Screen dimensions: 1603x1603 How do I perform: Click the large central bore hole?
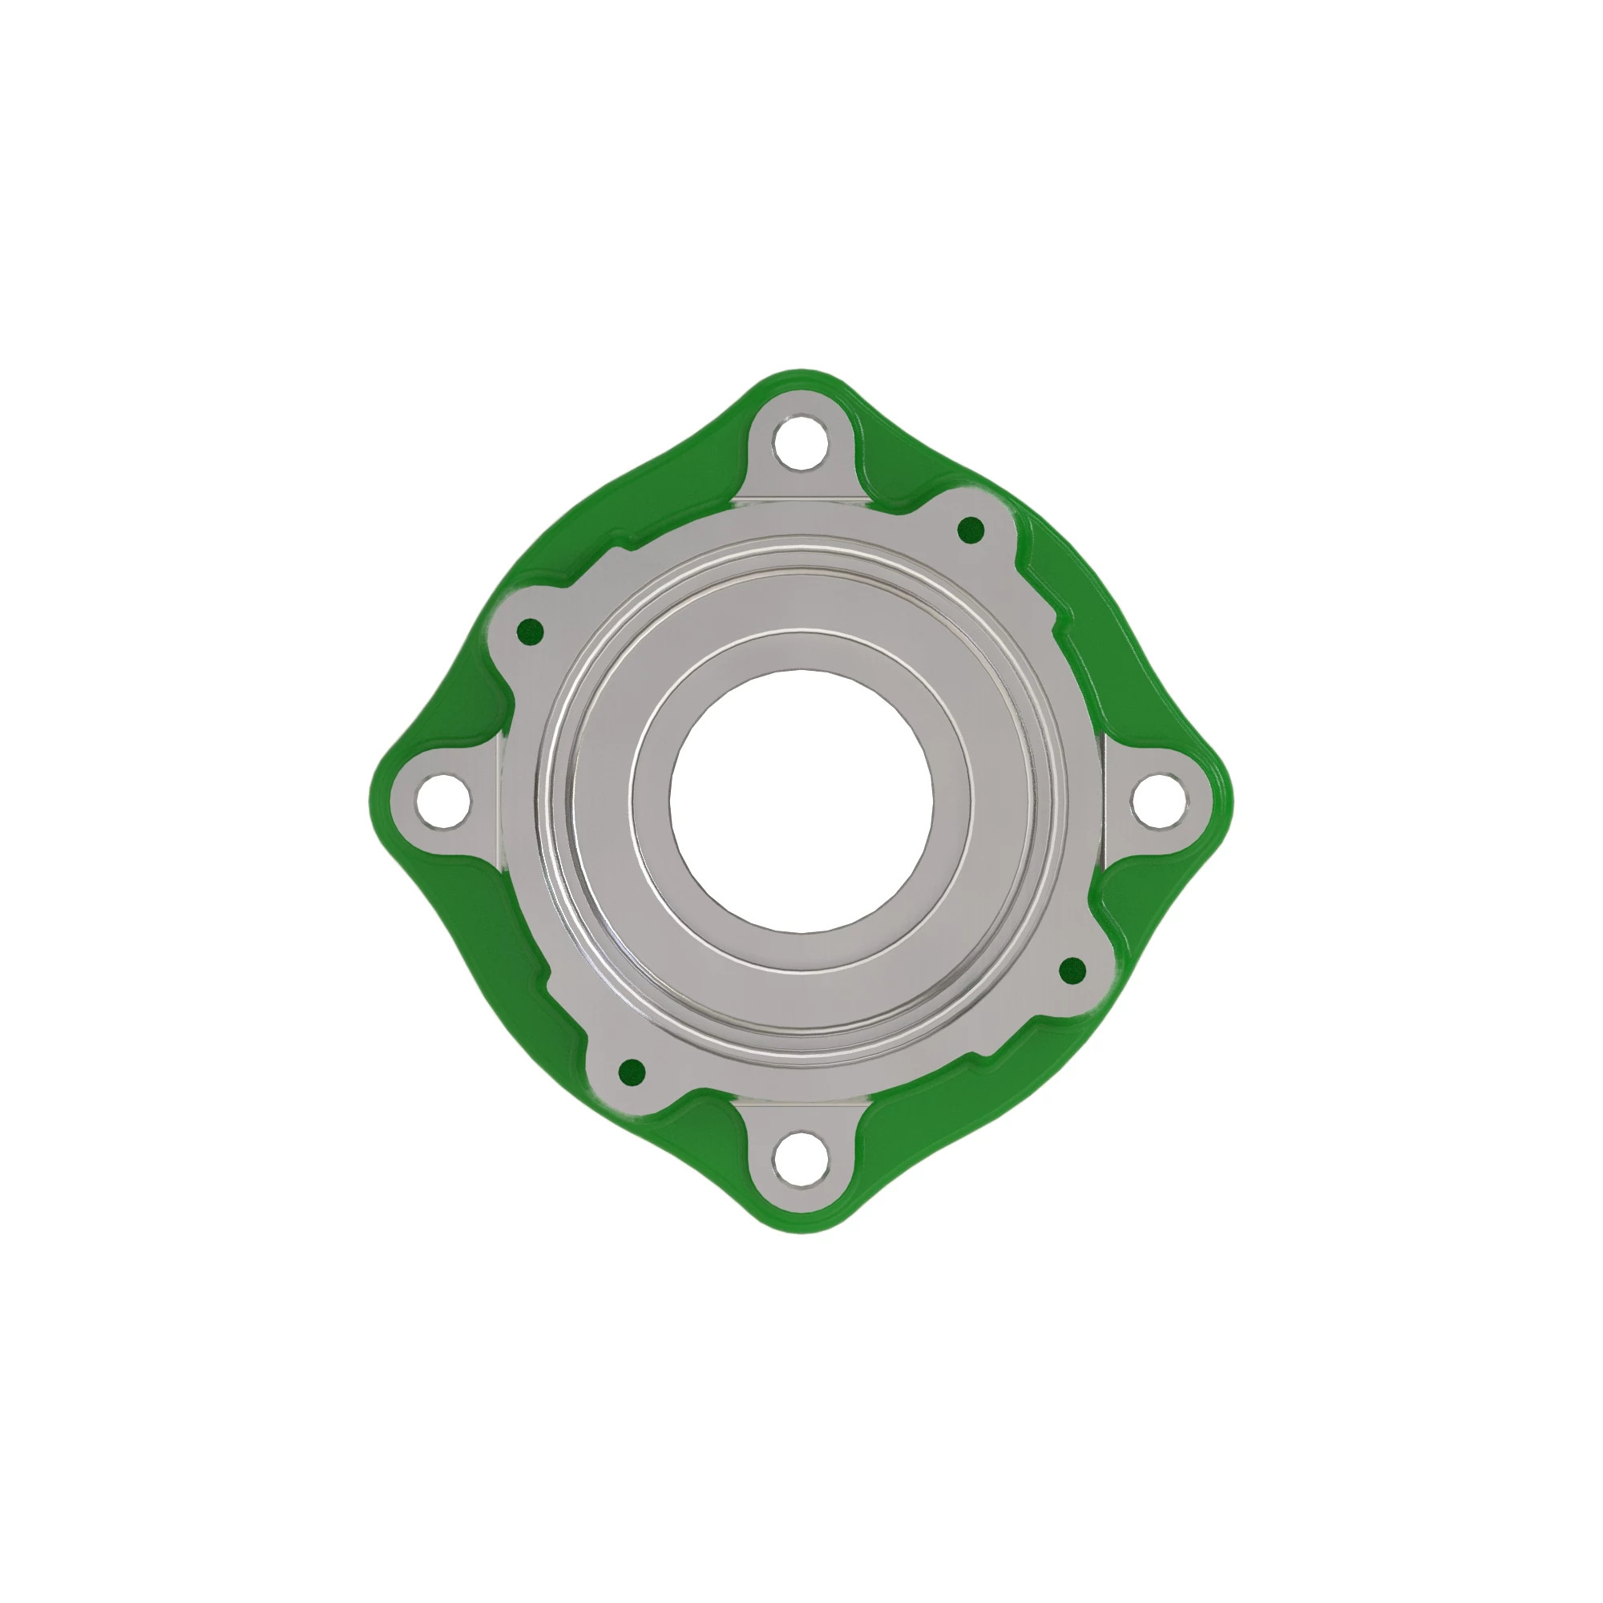coord(801,801)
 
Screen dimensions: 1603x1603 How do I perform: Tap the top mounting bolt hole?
coord(801,442)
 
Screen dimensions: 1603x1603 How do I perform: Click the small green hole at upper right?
coord(970,528)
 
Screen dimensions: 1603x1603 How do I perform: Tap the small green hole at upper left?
coord(529,632)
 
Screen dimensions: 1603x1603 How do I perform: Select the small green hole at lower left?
coord(632,1072)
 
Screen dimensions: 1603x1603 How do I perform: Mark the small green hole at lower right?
coord(1072,968)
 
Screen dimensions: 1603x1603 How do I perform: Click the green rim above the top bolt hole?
coord(801,383)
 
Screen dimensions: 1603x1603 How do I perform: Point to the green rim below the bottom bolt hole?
coord(801,1220)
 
